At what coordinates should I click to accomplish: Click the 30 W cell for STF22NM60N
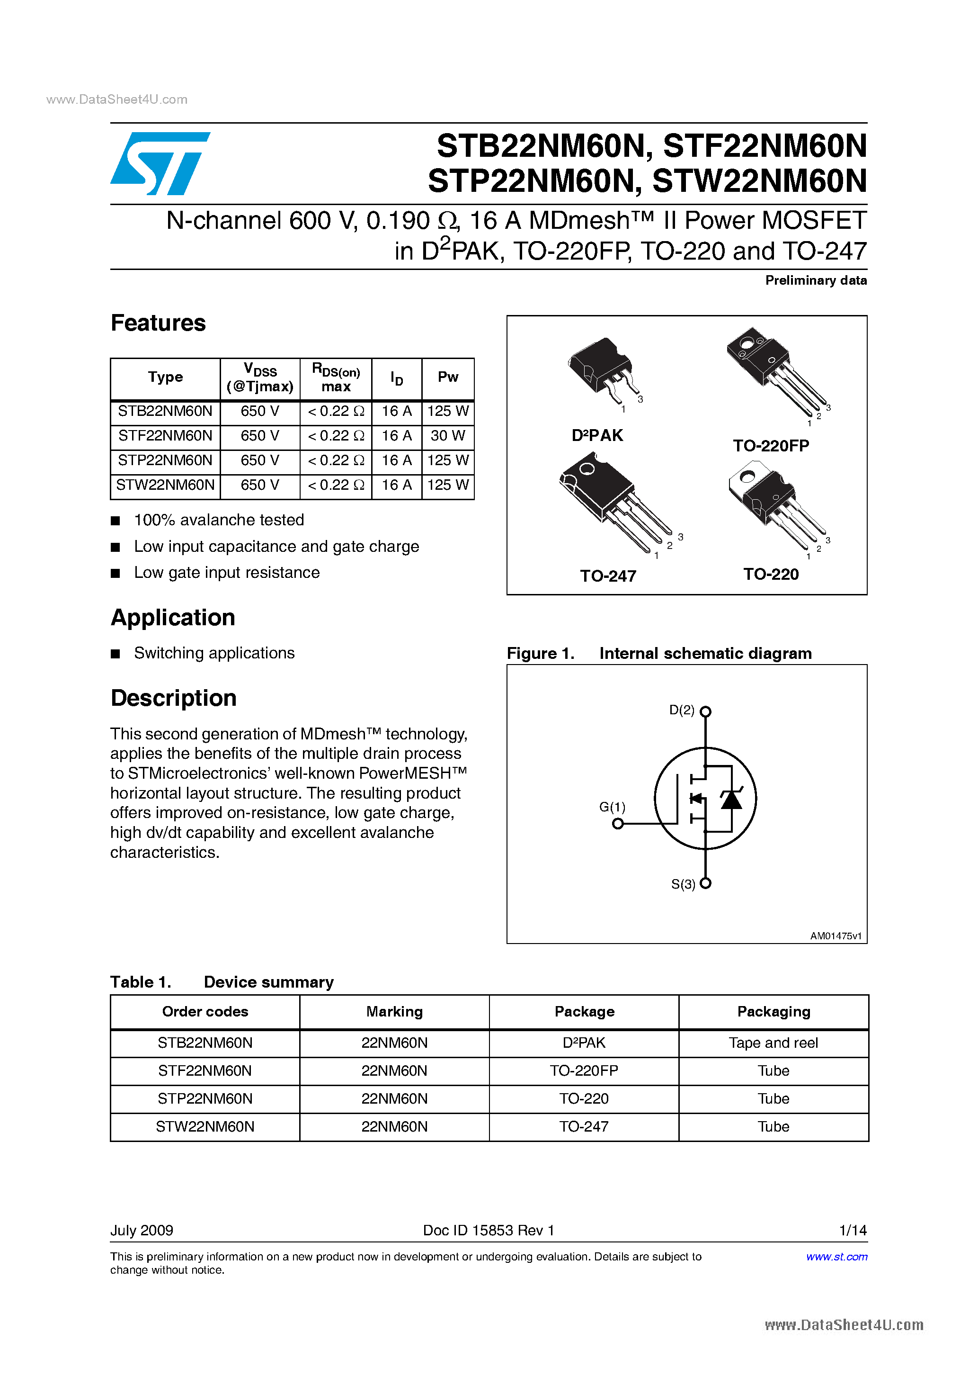(447, 435)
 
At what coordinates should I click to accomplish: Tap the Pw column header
(447, 377)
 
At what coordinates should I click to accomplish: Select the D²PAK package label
(597, 435)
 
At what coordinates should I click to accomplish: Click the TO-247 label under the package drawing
(608, 576)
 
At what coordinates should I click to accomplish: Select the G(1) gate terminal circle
(617, 823)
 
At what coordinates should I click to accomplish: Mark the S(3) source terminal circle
(705, 883)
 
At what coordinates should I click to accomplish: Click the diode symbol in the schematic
(731, 800)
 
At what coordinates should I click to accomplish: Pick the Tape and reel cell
(773, 1043)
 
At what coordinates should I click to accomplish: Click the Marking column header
(394, 1012)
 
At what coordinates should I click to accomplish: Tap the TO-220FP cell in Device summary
(584, 1070)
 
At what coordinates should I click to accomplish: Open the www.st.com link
(836, 1257)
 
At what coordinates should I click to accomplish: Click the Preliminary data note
(815, 280)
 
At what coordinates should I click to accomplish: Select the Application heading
(173, 618)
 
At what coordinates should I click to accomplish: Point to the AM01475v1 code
(836, 935)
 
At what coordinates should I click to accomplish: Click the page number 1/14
(853, 1230)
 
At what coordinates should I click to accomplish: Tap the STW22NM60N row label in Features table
(165, 485)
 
